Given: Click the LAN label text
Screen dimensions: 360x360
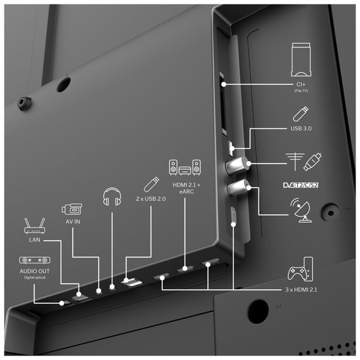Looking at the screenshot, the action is pos(35,240).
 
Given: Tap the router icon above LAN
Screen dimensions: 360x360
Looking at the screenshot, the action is pos(35,225).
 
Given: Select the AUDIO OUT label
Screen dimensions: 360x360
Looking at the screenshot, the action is pos(35,271).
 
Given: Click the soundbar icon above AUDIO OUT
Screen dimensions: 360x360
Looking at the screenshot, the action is pos(35,260).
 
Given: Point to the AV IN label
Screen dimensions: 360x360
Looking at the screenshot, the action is pos(73,222).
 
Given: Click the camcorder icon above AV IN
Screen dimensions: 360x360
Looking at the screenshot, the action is pos(72,209).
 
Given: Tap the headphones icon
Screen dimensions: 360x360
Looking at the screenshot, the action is pos(112,196).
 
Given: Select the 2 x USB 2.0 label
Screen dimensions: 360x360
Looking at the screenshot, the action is pos(151,198).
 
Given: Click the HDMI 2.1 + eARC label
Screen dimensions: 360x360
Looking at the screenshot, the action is pos(186,188).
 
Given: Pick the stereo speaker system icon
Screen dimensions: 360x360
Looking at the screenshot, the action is pos(185,167).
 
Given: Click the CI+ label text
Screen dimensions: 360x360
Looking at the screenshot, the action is pos(301,84).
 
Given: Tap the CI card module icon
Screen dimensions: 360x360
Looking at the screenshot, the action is pos(301,59).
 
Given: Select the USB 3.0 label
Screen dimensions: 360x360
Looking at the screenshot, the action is pos(301,128).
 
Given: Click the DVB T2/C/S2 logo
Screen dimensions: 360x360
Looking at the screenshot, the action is pos(301,185).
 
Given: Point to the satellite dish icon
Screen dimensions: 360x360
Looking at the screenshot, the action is pos(301,210).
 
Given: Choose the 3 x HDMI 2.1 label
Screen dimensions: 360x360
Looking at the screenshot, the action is pos(301,289).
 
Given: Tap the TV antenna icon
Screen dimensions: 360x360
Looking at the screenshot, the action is pos(295,162).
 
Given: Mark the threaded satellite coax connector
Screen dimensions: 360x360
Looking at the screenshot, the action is pos(238,188).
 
